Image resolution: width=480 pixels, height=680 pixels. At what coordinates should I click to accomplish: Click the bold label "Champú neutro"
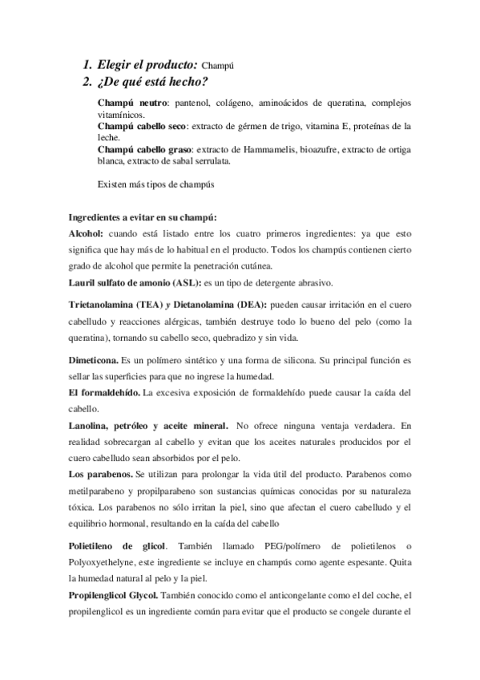(131, 104)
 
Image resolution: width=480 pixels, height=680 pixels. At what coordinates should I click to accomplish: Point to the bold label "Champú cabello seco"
(143, 127)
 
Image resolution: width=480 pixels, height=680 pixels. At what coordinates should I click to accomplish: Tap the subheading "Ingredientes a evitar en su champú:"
(143, 217)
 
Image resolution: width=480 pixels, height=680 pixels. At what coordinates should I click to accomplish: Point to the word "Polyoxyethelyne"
(106, 540)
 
